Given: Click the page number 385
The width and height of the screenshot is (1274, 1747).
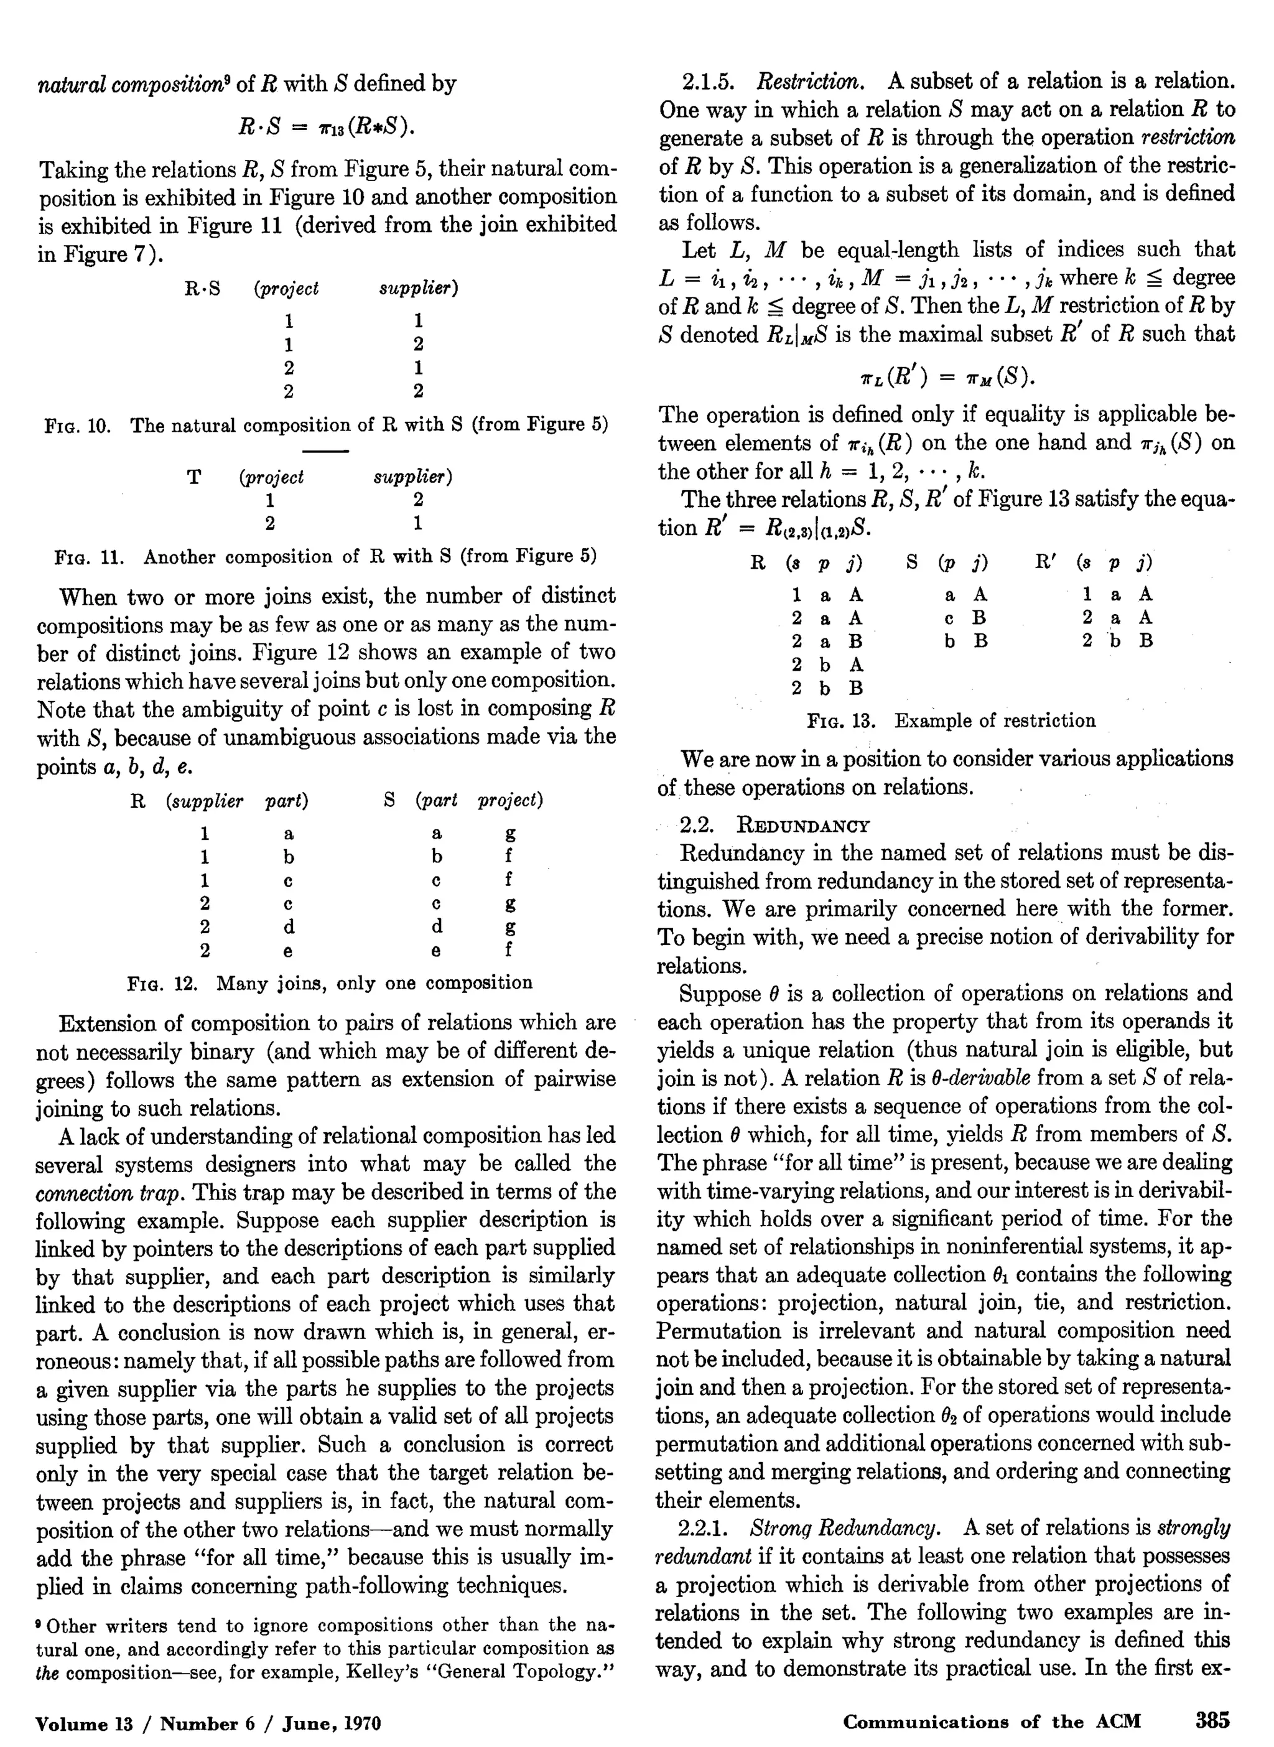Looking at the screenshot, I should (1212, 1720).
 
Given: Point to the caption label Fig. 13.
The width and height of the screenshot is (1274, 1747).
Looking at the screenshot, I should (840, 721).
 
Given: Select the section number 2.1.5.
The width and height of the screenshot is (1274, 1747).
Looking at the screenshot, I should (710, 82).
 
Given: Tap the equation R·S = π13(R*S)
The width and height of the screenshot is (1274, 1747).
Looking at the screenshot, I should (326, 126).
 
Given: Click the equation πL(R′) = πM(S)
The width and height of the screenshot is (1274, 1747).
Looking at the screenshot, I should (947, 376).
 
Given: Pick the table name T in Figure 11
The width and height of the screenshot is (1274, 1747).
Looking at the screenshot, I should (194, 477).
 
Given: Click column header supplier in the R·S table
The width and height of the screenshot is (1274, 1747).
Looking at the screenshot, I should (419, 289).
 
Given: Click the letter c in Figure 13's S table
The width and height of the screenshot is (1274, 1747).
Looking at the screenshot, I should (949, 618).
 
